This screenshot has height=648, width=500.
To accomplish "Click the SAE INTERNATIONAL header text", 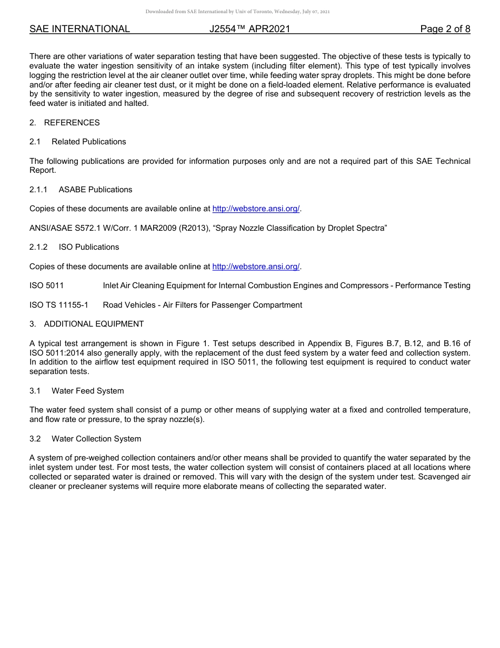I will coord(79,29).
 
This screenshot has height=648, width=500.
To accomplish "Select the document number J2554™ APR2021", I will coord(249,29).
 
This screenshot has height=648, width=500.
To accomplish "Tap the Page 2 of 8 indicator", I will coord(445,29).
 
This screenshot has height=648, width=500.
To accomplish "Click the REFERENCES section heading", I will coord(72,123).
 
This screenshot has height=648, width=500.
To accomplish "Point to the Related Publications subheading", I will coord(88,142).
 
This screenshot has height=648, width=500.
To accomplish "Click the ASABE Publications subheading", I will coord(95,190).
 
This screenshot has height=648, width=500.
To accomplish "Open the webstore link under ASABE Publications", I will coord(256,209).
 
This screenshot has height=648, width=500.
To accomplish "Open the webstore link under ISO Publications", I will coord(256,267).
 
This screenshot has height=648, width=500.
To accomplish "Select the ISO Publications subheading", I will coord(88,247).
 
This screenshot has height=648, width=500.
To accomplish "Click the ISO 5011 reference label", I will coord(46,286).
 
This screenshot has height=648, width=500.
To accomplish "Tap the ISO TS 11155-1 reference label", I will coord(59,305).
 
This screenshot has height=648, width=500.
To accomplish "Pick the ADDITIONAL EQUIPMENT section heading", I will coord(94,324).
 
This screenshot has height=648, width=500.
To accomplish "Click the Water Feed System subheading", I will coord(87,391).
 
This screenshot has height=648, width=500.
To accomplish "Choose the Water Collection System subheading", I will coord(96,439).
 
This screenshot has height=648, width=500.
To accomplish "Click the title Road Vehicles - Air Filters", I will coord(202,305).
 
